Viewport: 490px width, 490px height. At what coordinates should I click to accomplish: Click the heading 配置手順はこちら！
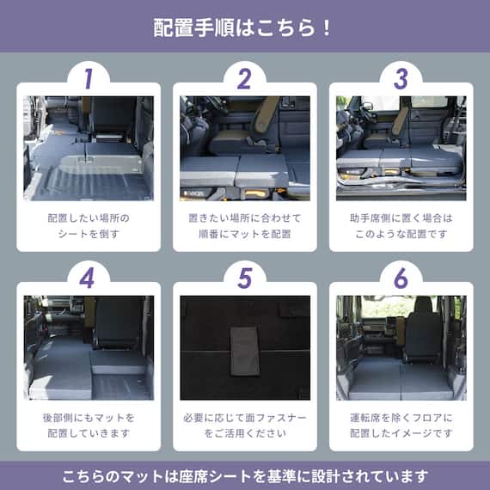(244, 27)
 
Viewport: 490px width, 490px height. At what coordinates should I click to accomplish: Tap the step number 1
(88, 79)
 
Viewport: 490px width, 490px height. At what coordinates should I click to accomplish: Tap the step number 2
(244, 79)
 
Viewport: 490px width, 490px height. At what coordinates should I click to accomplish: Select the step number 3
(401, 79)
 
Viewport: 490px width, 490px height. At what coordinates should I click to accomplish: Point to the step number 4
(88, 278)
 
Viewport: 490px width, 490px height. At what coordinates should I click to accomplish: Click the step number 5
(244, 278)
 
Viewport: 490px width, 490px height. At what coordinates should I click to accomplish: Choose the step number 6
(401, 278)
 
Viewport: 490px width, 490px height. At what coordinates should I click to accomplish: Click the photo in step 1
(88, 148)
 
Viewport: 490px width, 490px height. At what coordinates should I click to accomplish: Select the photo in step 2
(244, 148)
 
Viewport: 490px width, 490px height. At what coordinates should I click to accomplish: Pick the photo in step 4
(88, 347)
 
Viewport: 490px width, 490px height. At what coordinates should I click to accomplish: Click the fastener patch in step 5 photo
(244, 351)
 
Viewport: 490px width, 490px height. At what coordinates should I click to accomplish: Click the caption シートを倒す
(88, 234)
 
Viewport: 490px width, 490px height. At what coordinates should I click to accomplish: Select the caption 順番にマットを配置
(244, 234)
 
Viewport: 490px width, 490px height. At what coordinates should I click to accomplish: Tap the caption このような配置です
(401, 234)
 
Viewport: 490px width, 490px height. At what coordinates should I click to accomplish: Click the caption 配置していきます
(88, 433)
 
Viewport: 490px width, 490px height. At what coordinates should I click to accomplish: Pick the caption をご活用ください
(244, 433)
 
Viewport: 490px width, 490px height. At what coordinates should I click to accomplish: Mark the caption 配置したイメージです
(401, 433)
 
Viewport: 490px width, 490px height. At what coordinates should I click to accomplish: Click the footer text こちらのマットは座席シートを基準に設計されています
(244, 475)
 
